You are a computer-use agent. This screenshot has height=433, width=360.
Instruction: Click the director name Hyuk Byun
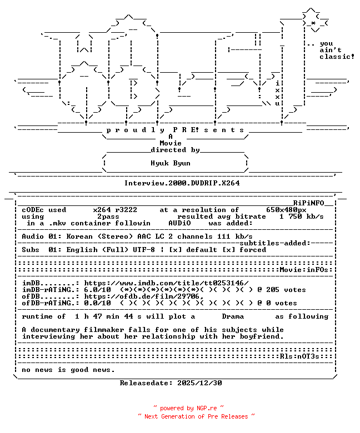coord(171,163)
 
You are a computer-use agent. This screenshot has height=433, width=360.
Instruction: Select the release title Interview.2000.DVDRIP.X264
coord(182,183)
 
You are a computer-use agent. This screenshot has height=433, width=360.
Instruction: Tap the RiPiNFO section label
coord(308,203)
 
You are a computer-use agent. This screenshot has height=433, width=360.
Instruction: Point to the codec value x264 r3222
coord(115,210)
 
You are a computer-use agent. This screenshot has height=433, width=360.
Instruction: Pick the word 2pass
coord(108,216)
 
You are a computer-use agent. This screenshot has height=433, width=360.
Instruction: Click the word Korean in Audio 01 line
coord(79,236)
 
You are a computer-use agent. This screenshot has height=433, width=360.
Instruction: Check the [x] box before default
coord(175,250)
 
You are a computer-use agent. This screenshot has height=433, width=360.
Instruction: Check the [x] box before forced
coord(228,250)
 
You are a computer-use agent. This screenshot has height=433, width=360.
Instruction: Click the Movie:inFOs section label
coord(304,270)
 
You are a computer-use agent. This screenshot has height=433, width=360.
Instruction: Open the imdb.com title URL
coord(166,283)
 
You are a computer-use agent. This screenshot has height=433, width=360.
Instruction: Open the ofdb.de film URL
coord(144,296)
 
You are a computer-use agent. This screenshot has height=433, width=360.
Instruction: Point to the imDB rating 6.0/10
coord(97,290)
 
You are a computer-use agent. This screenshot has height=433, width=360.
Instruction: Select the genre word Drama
coord(233,316)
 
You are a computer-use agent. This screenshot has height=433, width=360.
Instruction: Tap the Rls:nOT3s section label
coord(299,356)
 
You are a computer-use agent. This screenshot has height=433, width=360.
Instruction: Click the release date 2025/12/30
coord(199,383)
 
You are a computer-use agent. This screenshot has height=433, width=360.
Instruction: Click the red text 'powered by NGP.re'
coord(188,408)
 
